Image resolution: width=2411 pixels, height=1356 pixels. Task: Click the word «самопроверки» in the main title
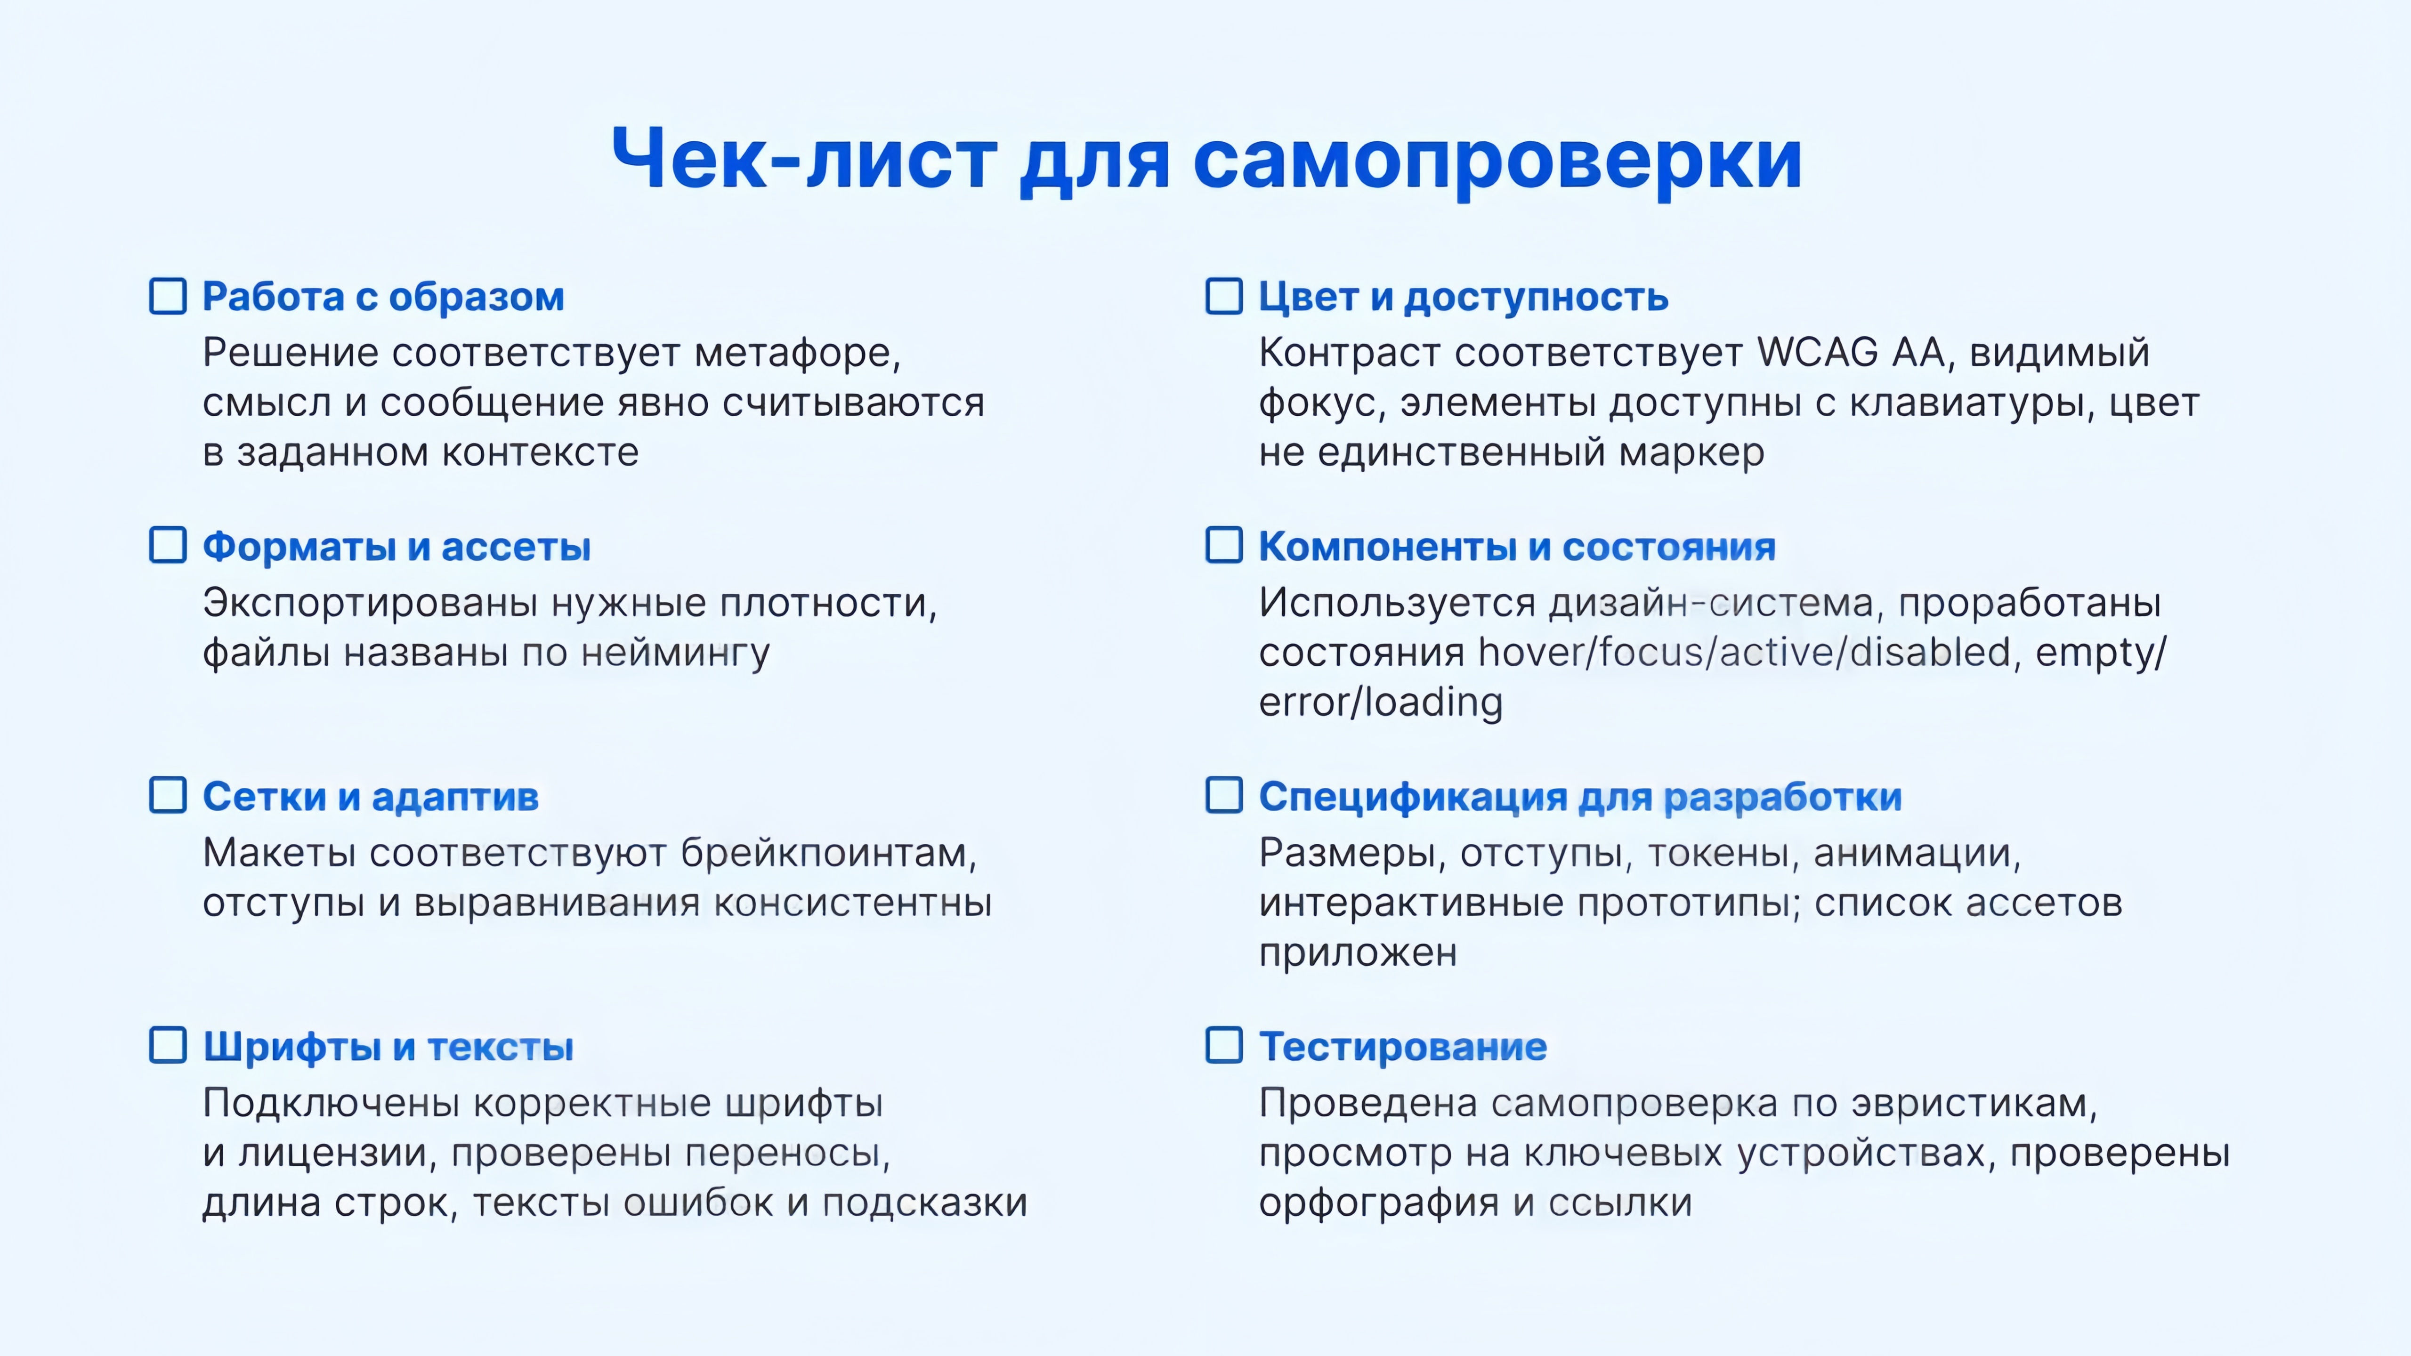click(x=1497, y=161)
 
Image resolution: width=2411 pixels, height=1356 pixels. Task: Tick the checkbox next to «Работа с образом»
click(x=169, y=297)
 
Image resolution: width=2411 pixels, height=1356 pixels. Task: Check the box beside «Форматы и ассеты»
click(x=169, y=546)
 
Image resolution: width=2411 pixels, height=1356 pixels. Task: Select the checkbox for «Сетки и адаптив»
click(x=169, y=795)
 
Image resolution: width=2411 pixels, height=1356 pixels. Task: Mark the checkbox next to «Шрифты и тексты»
click(x=169, y=1045)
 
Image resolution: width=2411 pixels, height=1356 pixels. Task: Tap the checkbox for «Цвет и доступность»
click(x=1224, y=297)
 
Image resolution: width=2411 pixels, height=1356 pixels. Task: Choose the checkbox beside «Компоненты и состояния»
click(x=1224, y=546)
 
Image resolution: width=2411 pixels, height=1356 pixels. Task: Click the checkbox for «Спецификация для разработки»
click(x=1224, y=795)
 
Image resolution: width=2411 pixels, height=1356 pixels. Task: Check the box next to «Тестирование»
click(x=1224, y=1045)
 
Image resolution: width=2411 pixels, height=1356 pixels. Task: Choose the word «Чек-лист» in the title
click(x=803, y=161)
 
